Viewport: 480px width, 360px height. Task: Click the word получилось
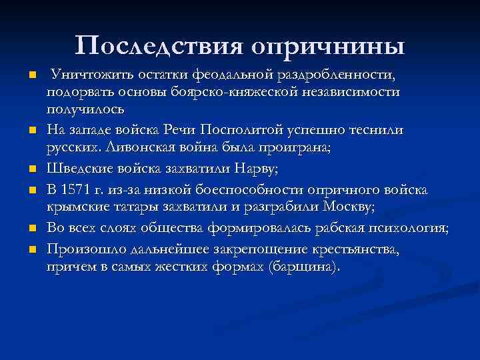[x=81, y=107]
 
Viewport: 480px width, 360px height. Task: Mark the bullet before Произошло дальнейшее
[x=26, y=251]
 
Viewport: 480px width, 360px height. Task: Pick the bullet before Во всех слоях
[x=26, y=229]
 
